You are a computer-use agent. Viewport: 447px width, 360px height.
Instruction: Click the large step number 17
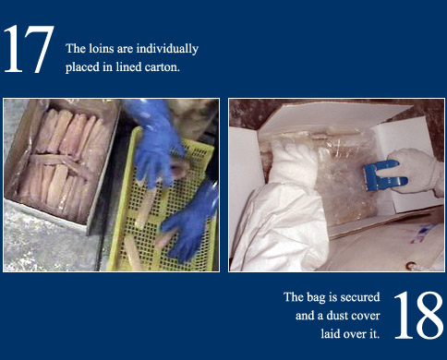point(29,49)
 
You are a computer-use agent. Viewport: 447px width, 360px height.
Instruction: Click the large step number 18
point(418,315)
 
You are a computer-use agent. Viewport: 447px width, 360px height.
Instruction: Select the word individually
point(167,49)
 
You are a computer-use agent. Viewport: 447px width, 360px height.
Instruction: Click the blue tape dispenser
point(385,176)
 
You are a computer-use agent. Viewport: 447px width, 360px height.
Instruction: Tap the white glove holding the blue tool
point(414,172)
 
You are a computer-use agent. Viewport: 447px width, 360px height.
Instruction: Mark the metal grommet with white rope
point(411,266)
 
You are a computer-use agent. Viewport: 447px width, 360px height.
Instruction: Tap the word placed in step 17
point(82,67)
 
